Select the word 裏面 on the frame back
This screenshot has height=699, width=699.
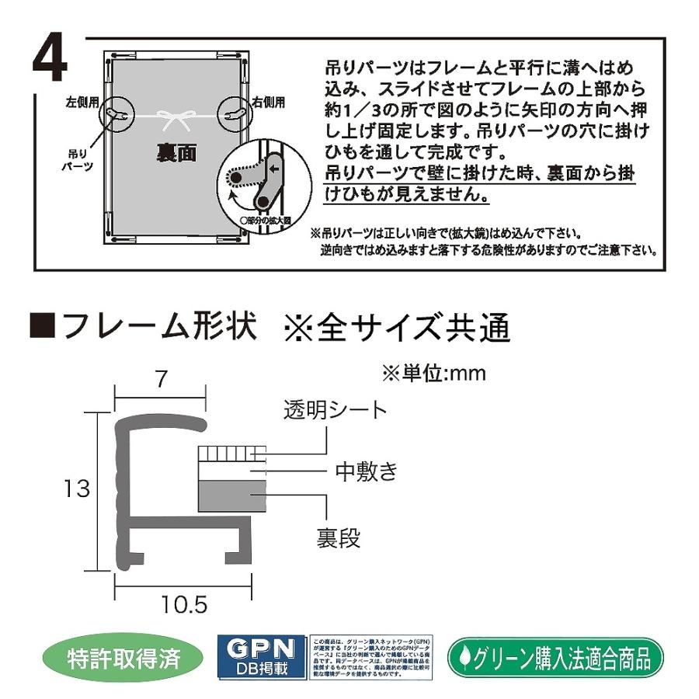point(170,154)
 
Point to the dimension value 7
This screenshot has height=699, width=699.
point(161,381)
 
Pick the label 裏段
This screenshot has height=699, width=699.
point(339,537)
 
